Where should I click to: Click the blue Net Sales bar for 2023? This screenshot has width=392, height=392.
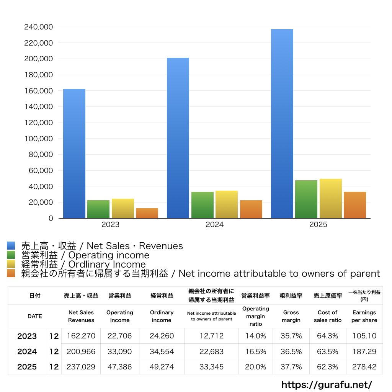coord(74,154)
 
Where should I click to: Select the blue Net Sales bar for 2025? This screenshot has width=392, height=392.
coord(282,124)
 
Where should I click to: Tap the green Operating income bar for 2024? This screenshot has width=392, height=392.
coord(203,205)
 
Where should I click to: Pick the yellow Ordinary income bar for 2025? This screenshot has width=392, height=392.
coord(331,199)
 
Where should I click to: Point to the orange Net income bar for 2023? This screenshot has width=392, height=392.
coord(147,213)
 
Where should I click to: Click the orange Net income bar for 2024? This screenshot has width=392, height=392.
coord(251,209)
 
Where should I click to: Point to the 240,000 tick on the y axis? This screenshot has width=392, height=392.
coord(39,27)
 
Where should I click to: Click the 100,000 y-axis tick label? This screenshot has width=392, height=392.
coord(39,139)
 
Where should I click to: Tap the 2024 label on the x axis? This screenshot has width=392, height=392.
coord(214,224)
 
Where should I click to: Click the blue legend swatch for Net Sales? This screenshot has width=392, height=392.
coord(11,245)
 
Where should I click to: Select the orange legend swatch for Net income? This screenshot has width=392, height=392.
coord(11,273)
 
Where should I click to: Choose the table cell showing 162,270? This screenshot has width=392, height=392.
coord(81,336)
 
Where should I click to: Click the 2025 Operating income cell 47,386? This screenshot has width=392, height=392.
coord(120,367)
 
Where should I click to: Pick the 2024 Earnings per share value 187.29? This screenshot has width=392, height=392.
coord(364,351)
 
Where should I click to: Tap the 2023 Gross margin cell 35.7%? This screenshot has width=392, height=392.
coord(291,336)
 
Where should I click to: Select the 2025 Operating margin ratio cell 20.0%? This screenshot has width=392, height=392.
coord(255,367)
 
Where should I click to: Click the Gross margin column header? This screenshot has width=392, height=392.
coord(291,316)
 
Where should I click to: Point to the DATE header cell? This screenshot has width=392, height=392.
coord(35,316)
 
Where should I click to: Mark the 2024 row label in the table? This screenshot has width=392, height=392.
coord(27,351)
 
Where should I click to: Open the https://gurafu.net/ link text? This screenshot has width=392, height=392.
coord(327,384)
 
